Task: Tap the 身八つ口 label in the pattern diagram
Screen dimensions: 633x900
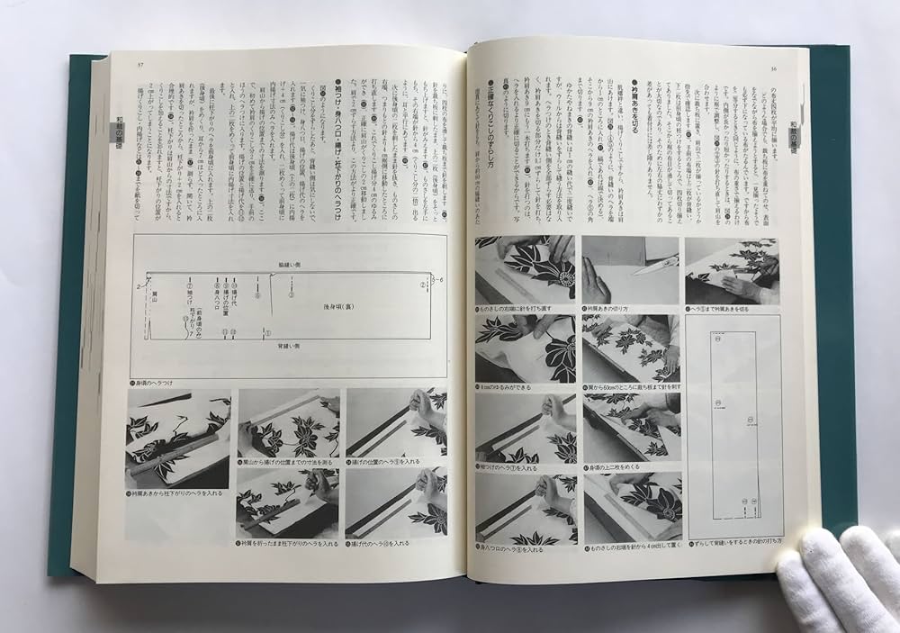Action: point(217,296)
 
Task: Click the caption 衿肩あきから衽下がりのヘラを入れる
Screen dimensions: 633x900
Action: point(177,494)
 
